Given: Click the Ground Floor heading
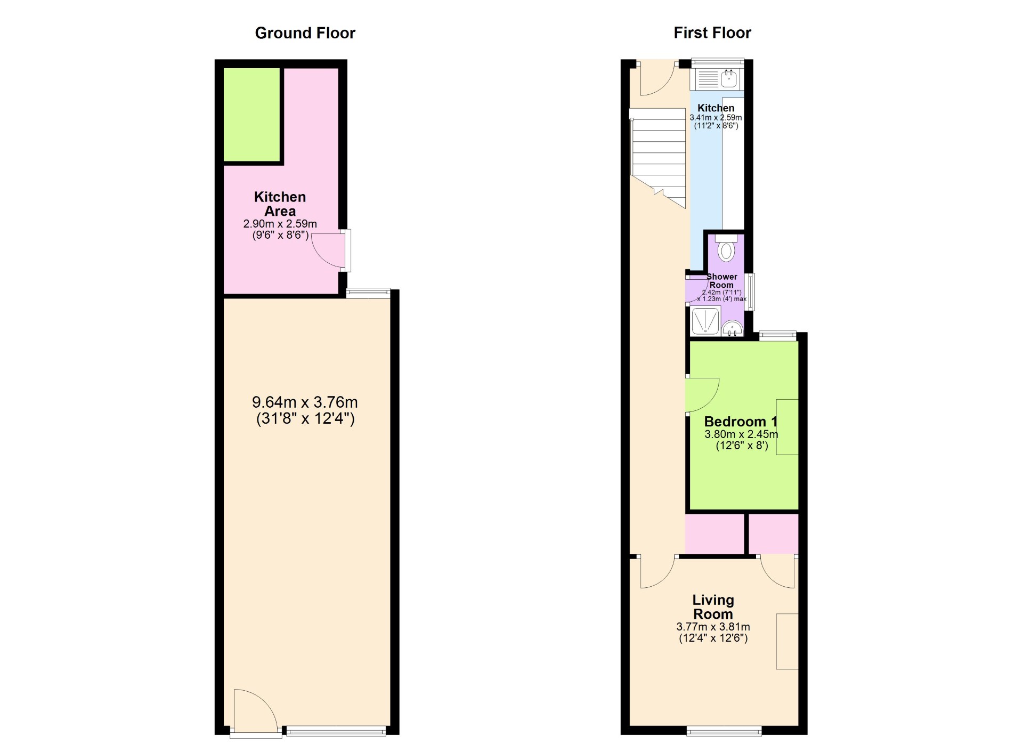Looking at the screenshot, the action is coord(305,33).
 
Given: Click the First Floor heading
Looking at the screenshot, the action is coord(712,33).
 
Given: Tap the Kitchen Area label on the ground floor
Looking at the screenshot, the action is coord(280,204).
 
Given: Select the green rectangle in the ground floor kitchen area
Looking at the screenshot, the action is coord(251,114).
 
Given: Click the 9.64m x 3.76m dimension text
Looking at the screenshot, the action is coord(305,402).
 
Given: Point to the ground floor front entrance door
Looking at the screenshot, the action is coord(255,712).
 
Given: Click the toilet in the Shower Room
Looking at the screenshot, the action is coord(726,248).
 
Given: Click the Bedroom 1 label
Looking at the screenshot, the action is coord(741,422).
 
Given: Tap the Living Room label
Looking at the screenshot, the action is coord(713,607).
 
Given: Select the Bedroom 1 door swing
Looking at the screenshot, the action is coord(702,395).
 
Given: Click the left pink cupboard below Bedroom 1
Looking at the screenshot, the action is coord(715,534).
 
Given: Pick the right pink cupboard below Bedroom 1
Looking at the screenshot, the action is coord(774,534).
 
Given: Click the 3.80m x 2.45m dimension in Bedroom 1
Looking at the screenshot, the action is coord(741,434).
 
